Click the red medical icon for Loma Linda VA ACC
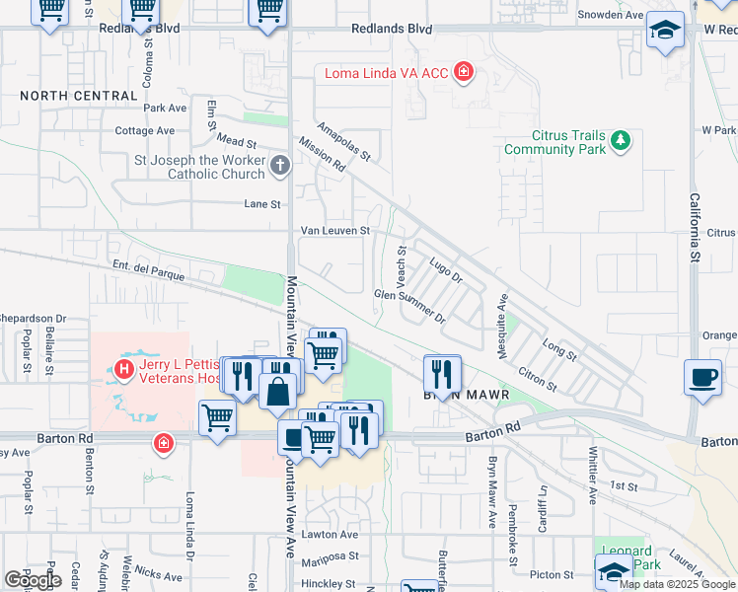(462, 72)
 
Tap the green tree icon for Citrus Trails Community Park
(621, 142)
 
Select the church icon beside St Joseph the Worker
(280, 167)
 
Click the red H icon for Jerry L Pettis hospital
(124, 371)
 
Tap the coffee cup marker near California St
(702, 377)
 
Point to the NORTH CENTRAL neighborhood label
(79, 96)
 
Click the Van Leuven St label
(335, 231)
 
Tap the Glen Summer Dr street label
(410, 306)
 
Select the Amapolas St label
(343, 142)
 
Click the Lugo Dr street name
(446, 271)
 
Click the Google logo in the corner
(34, 580)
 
